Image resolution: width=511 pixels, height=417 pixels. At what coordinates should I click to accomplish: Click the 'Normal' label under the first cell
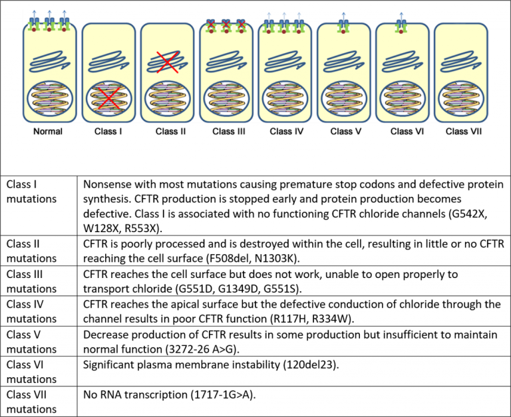(x=48, y=131)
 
